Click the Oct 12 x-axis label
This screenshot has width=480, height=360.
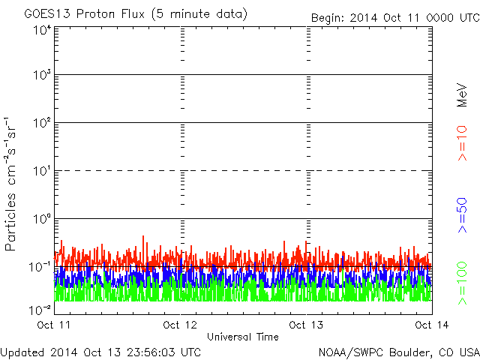[x=181, y=325]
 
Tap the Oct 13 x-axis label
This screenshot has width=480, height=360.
[x=306, y=325]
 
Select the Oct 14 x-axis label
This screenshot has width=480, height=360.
[x=430, y=325]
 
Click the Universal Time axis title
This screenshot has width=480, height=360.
[x=243, y=337]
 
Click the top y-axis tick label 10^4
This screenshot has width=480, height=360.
[x=41, y=29]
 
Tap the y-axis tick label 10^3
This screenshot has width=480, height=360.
[x=41, y=76]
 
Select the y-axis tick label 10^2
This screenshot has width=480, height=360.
[x=41, y=124]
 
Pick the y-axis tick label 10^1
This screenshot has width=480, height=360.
[x=41, y=172]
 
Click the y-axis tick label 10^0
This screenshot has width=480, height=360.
[x=41, y=220]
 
